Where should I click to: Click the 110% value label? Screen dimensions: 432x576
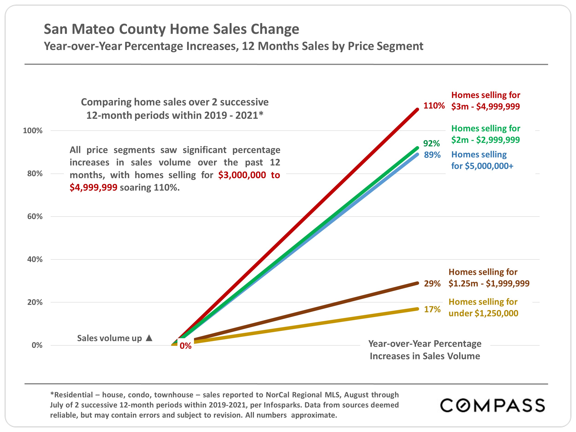pyautogui.click(x=434, y=106)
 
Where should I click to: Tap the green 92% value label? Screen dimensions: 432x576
pyautogui.click(x=431, y=143)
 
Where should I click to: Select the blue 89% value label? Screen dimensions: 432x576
pyautogui.click(x=432, y=155)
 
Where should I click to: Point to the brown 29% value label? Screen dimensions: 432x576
pyautogui.click(x=432, y=283)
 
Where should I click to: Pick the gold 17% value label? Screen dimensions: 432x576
pyautogui.click(x=432, y=309)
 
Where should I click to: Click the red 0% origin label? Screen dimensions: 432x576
pyautogui.click(x=185, y=346)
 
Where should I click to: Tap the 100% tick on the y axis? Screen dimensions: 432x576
pyautogui.click(x=32, y=130)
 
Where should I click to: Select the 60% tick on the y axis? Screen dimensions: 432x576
pyautogui.click(x=35, y=216)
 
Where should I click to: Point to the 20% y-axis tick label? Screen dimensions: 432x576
pyautogui.click(x=35, y=302)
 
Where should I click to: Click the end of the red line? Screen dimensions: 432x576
pyautogui.click(x=417, y=110)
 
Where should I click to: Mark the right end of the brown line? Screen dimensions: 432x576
pyautogui.click(x=417, y=283)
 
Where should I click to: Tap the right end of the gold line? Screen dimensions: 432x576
pyautogui.click(x=417, y=309)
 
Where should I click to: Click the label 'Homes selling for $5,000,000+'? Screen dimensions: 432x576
pyautogui.click(x=482, y=160)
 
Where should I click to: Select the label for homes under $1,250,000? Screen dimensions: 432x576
pyautogui.click(x=483, y=307)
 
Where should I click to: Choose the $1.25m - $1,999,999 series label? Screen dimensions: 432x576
pyautogui.click(x=489, y=278)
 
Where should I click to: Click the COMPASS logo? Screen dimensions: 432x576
pyautogui.click(x=492, y=405)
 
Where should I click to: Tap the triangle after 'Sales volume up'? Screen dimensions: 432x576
pyautogui.click(x=149, y=338)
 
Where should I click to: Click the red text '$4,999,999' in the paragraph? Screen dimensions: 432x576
pyautogui.click(x=93, y=187)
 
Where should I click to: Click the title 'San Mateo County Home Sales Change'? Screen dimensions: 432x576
pyautogui.click(x=171, y=29)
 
